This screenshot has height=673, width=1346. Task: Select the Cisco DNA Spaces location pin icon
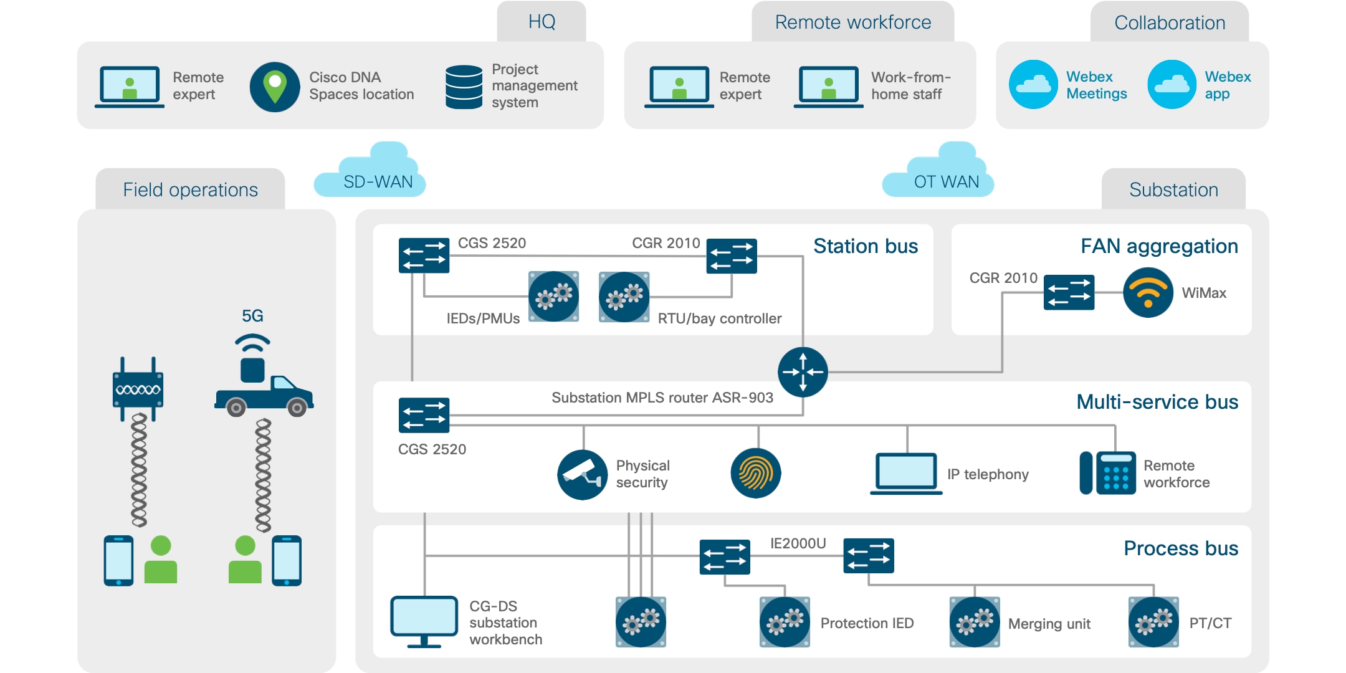[275, 87]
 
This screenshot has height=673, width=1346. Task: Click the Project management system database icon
[464, 87]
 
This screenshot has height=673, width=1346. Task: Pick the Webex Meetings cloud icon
[1033, 85]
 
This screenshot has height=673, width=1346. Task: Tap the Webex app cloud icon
[1172, 85]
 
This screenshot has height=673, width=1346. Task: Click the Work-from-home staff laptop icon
[828, 87]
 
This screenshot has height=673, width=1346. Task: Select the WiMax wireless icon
[1148, 292]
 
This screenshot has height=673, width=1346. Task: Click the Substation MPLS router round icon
[803, 372]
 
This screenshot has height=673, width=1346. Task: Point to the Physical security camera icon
[582, 475]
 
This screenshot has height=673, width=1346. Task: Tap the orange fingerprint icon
[755, 474]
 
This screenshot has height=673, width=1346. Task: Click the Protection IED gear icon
[785, 622]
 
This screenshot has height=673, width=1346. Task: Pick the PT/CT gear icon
[1153, 622]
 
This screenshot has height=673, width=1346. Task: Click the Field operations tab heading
[190, 189]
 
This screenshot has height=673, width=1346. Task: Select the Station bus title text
[865, 246]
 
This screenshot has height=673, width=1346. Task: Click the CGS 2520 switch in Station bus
[424, 255]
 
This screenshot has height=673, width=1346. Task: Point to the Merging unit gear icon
[975, 622]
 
